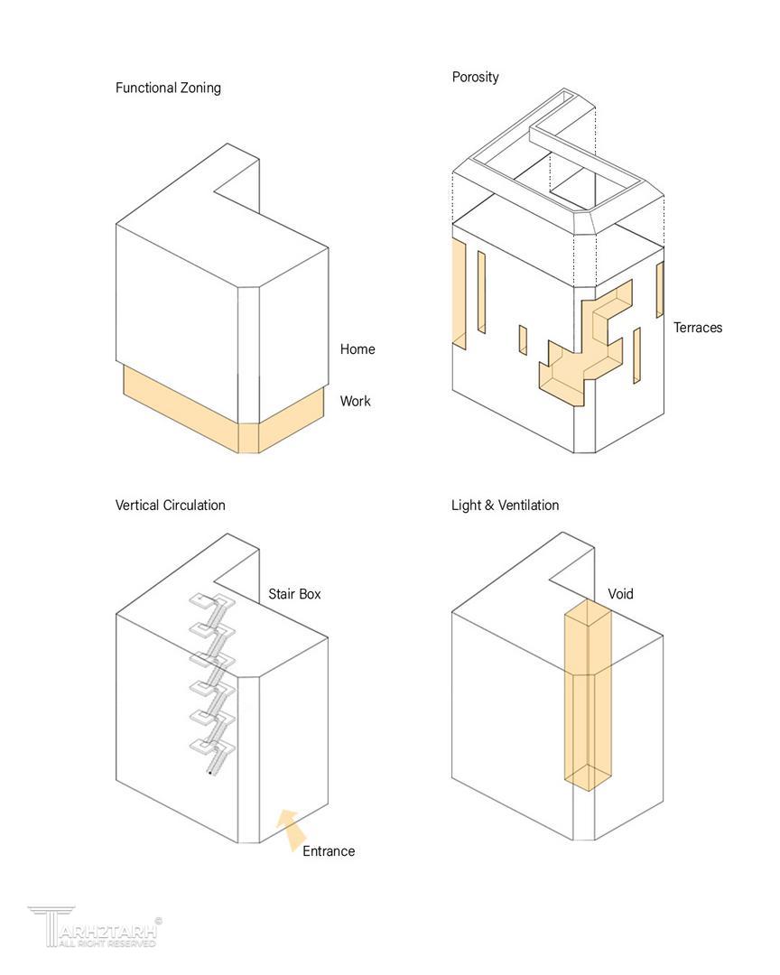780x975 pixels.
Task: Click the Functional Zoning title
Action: tap(168, 88)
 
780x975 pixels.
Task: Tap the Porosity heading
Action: tap(475, 77)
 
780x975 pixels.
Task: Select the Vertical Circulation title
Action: tap(170, 505)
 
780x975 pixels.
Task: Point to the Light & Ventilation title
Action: tap(505, 505)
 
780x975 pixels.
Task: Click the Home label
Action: tap(357, 349)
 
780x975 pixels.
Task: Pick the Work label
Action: tap(355, 401)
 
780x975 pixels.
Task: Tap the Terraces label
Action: tap(697, 328)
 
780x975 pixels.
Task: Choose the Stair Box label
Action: tap(294, 594)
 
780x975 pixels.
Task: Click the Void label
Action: tap(620, 594)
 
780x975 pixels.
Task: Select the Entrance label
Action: tap(328, 851)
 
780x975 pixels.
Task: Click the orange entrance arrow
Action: tap(290, 829)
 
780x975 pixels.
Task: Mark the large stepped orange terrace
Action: tap(587, 348)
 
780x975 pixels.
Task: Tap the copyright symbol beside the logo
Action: tap(159, 922)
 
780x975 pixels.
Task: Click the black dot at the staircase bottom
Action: tap(210, 773)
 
